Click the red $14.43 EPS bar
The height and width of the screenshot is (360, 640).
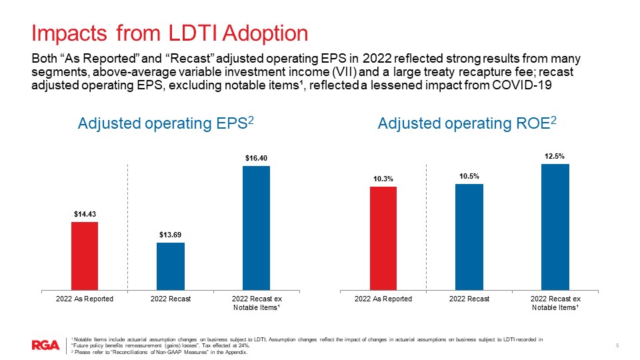(85, 256)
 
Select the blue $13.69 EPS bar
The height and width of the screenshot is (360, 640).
(171, 266)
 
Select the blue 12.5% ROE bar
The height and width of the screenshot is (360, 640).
(555, 227)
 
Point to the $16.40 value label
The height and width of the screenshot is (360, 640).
(256, 158)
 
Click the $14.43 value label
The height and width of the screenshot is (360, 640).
(85, 214)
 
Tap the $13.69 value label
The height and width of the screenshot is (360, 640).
(171, 235)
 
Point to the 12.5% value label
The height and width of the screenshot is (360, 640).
(555, 156)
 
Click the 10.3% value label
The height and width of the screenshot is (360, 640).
(383, 179)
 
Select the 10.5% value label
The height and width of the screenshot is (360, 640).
(469, 176)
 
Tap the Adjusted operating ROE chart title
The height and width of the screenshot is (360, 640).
(467, 123)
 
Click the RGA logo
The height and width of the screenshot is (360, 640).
(45, 345)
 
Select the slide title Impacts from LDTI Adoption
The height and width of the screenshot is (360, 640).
(170, 33)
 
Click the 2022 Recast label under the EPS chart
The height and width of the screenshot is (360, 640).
(171, 299)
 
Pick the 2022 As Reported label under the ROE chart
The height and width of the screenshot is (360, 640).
(383, 299)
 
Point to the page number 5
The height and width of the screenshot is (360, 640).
(617, 345)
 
